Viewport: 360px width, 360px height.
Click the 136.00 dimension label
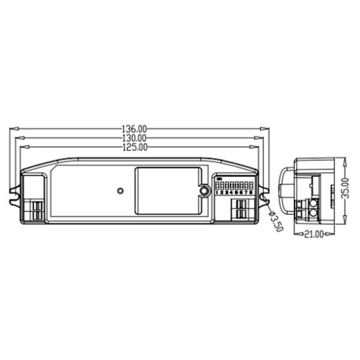(134, 128)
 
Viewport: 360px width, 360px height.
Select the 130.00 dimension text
(134, 137)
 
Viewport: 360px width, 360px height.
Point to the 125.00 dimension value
(134, 146)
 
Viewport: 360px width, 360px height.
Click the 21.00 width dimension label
(313, 233)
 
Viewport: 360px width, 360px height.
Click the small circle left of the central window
(119, 191)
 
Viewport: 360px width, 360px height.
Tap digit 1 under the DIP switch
(217, 193)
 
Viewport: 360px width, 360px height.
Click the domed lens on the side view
(287, 191)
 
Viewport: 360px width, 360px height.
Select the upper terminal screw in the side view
(313, 204)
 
